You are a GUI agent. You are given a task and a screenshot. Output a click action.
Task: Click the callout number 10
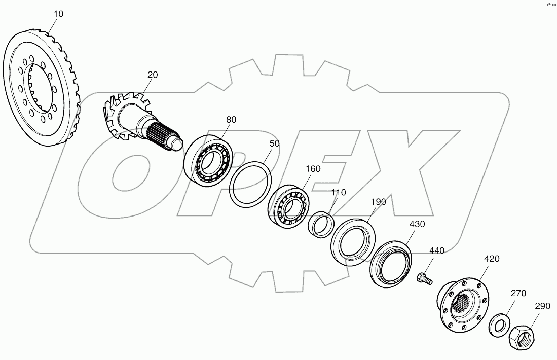tap(58, 14)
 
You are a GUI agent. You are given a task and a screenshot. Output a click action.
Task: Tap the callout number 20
tap(153, 75)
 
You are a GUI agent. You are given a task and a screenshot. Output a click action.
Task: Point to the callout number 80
tap(231, 120)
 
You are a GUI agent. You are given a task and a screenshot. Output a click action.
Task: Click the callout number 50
tap(274, 143)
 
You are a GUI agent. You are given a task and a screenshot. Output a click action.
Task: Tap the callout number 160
tap(313, 169)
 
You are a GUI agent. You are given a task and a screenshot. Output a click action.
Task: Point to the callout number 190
tap(378, 201)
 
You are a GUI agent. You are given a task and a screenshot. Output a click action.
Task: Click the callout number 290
tap(541, 306)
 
